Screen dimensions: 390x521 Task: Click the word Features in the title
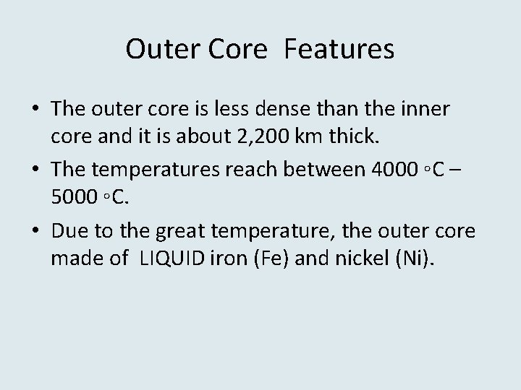339,50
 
